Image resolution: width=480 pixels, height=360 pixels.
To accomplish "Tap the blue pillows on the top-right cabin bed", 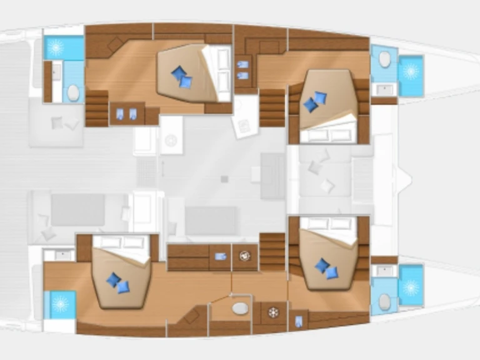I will (316, 102).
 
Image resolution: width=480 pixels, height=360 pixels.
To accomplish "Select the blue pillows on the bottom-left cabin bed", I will (117, 282).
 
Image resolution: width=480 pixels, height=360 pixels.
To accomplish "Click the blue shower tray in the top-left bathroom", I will (63, 47).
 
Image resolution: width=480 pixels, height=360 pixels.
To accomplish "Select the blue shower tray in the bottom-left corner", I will (60, 304).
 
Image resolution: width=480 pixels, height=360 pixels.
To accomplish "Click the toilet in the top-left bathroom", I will (74, 93).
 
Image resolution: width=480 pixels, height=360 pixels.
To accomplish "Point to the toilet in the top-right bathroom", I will (384, 59).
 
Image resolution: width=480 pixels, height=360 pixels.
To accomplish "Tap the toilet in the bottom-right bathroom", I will (384, 302).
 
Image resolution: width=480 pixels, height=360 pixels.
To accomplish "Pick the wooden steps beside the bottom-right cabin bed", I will (272, 252).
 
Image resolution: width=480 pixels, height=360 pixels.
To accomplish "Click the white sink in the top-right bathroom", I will (383, 89).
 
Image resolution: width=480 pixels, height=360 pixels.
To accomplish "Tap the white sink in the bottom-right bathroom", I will (383, 271).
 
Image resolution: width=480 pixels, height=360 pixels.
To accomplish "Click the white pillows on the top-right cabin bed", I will (329, 135).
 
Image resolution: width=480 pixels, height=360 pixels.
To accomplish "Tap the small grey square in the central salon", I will (224, 179).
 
